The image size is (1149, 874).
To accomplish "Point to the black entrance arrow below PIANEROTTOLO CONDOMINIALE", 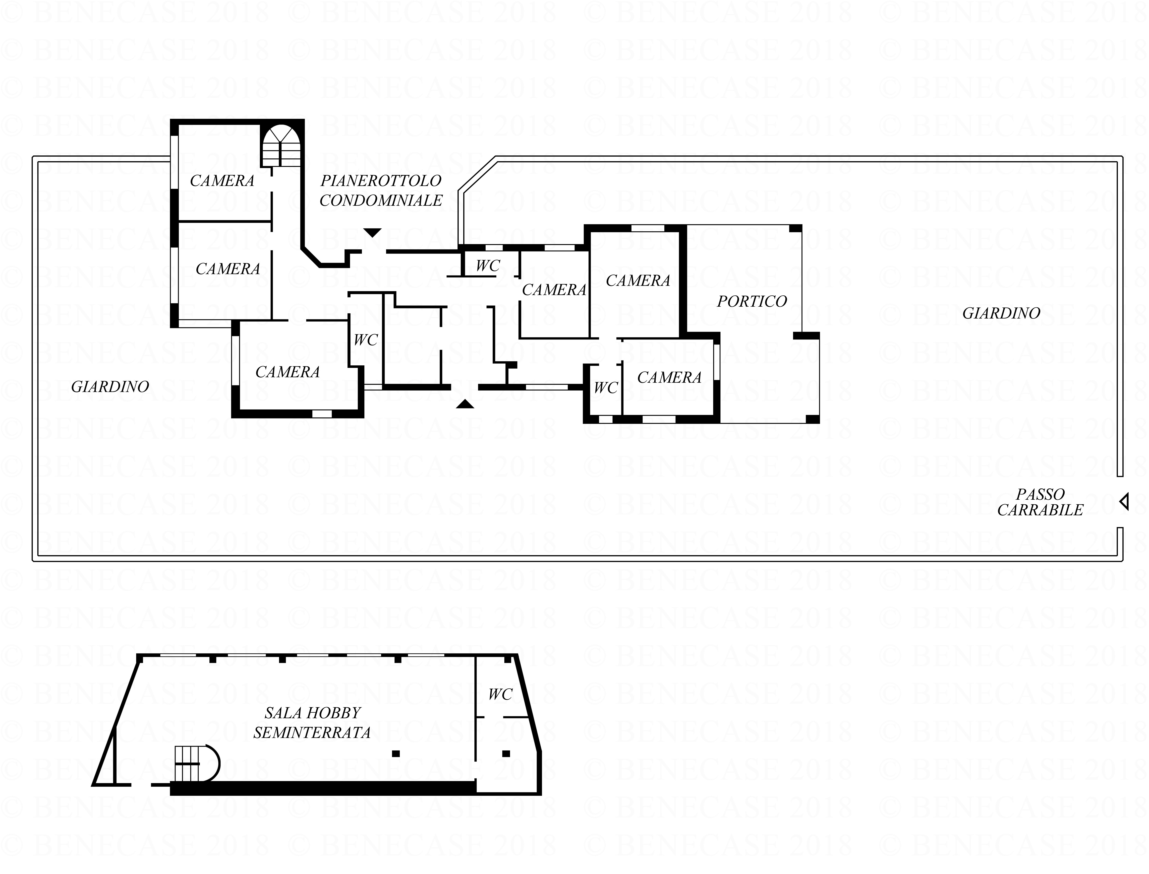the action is click(x=372, y=233).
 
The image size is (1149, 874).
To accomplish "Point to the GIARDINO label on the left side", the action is click(x=110, y=387).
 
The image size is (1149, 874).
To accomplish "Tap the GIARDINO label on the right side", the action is click(x=1001, y=313).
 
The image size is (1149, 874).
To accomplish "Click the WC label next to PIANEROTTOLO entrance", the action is click(x=488, y=266).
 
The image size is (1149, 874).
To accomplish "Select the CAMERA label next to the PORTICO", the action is click(x=638, y=281).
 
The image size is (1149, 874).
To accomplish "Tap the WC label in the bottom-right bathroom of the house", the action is click(x=606, y=388).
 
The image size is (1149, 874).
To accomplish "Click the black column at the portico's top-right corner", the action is click(x=796, y=228).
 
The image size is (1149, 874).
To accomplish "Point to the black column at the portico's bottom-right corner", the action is click(x=813, y=419).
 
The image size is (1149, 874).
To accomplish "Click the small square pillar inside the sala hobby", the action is click(x=396, y=753).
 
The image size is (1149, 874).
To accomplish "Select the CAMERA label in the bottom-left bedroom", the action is click(x=287, y=372).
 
